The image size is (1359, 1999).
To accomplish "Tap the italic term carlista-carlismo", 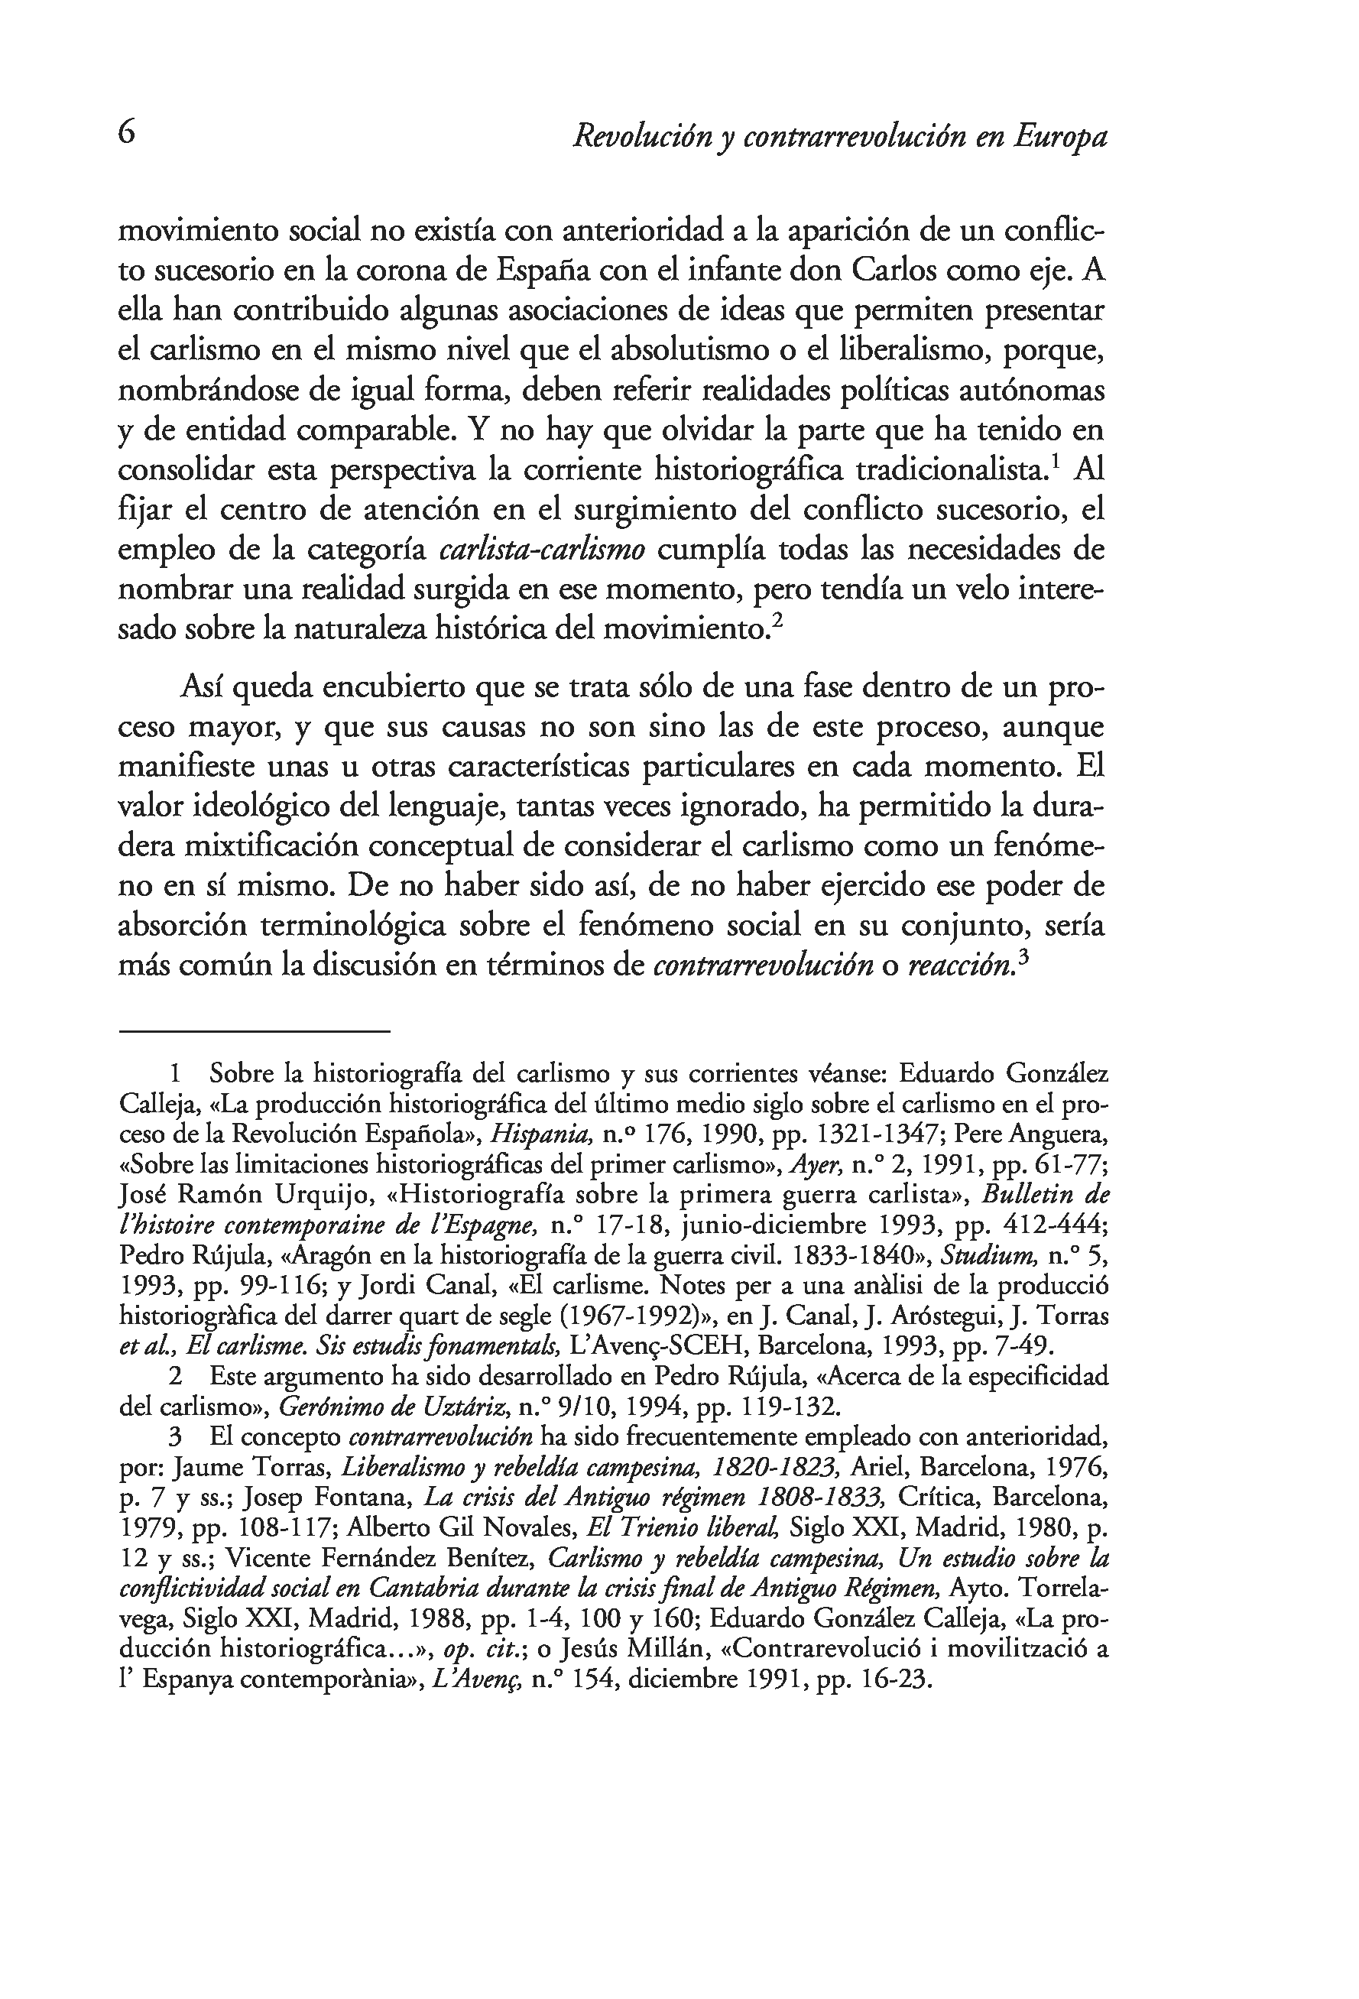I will click(542, 550).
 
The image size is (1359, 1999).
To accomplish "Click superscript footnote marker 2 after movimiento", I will click(777, 622).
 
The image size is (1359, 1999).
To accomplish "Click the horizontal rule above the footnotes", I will click(255, 1030).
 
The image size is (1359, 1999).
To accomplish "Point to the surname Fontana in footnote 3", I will click(365, 1498).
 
